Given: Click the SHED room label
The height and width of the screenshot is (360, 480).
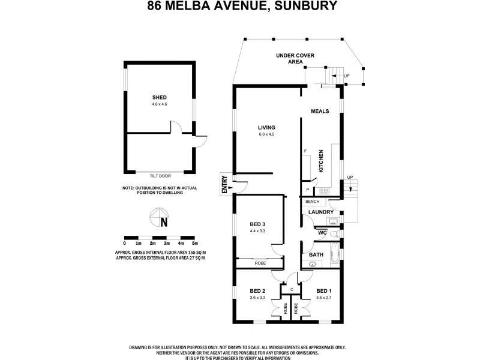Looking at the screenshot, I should click(159, 97).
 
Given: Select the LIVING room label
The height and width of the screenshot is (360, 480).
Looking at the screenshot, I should click(266, 128).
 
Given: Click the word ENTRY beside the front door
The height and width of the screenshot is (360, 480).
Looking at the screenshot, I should click(224, 183).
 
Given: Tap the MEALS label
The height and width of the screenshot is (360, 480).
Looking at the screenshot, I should click(320, 112).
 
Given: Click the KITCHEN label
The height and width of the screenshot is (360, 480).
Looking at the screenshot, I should click(322, 161).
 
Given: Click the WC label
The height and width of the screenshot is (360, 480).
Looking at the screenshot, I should click(322, 232).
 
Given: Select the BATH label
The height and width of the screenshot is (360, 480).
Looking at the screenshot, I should click(316, 255).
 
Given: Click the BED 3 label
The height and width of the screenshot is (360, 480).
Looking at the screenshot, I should click(257, 224).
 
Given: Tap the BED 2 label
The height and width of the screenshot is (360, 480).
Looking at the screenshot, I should click(257, 290).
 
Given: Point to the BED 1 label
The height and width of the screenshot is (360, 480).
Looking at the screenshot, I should click(325, 290).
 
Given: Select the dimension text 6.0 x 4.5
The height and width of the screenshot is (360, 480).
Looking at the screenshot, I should click(266, 134).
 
